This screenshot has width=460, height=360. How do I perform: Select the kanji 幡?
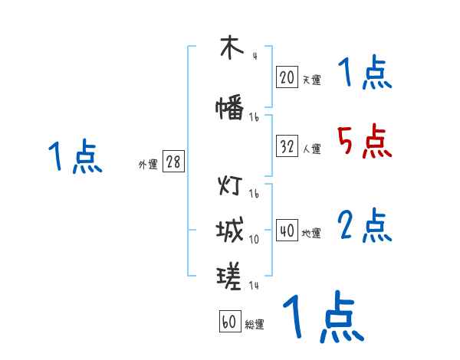(230, 107)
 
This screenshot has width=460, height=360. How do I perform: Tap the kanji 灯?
(230, 186)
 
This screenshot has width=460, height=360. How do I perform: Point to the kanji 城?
(230, 229)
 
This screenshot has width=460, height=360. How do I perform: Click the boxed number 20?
(287, 77)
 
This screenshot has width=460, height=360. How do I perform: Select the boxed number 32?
(287, 146)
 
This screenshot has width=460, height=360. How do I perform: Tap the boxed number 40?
(287, 231)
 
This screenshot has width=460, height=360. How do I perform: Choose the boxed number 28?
(173, 162)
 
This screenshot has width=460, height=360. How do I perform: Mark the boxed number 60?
(229, 322)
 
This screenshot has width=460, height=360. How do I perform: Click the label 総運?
(255, 325)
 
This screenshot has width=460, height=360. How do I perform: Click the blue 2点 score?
(364, 226)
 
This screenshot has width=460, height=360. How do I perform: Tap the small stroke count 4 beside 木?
(254, 56)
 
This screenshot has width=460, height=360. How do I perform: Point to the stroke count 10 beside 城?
(254, 240)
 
